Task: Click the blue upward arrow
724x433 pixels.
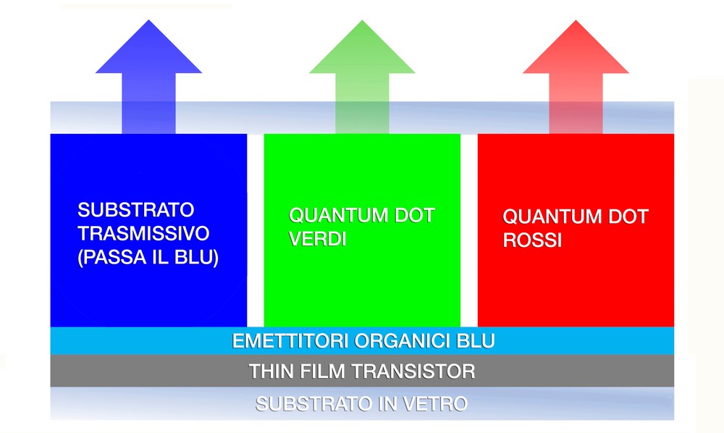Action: click(x=148, y=77)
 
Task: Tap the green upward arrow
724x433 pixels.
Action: click(x=362, y=77)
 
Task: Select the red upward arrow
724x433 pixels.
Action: click(x=576, y=77)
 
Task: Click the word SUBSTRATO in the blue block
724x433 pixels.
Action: click(x=136, y=210)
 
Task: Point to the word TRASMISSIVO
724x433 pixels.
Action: click(x=143, y=234)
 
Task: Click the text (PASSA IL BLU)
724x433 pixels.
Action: click(x=148, y=257)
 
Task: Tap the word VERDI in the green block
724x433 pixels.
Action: click(x=318, y=239)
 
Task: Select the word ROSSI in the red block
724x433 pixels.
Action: click(x=532, y=240)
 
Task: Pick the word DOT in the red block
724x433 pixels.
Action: click(x=628, y=216)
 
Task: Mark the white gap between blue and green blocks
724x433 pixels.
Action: click(x=256, y=230)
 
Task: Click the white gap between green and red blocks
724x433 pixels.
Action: click(x=469, y=230)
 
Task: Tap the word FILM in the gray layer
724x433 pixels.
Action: click(x=319, y=371)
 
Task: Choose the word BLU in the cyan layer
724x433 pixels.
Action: click(x=476, y=341)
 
